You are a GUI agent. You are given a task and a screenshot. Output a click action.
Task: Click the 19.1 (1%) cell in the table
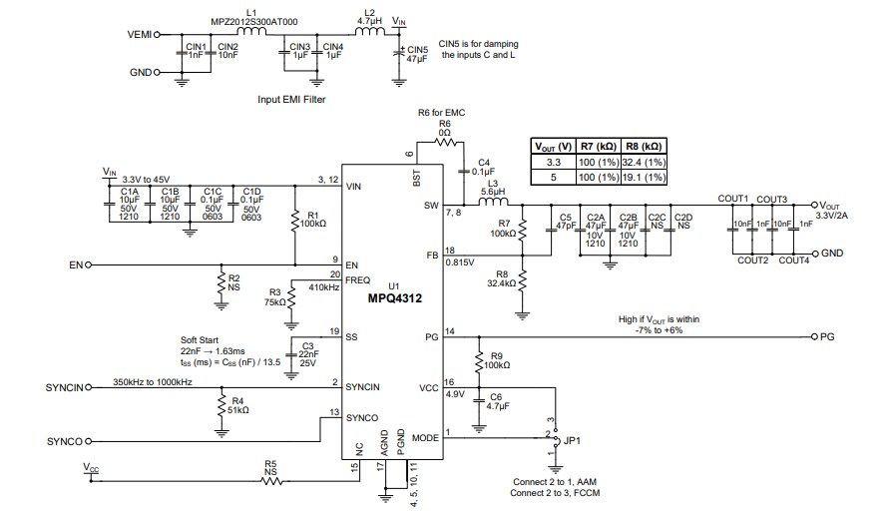coord(643,177)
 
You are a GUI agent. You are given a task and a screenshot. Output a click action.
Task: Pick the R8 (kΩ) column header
coord(643,146)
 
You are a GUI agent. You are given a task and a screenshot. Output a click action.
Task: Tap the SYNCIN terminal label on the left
coord(65,386)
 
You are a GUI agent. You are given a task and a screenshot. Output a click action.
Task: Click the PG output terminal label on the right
coord(826,337)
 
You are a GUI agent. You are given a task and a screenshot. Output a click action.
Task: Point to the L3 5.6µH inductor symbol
coord(493,205)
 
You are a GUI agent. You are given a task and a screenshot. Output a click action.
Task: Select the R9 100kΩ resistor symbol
coord(479,360)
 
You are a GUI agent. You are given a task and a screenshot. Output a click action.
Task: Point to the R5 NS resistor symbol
coord(271,481)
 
